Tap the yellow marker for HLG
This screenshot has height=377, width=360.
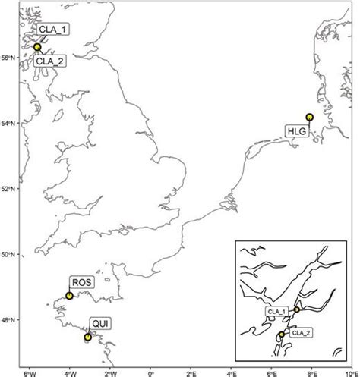(x=309, y=117)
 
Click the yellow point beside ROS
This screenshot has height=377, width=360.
(x=69, y=296)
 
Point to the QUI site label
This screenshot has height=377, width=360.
(x=99, y=324)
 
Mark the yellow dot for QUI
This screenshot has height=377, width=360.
(x=88, y=337)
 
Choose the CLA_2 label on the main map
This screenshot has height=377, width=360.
(x=48, y=62)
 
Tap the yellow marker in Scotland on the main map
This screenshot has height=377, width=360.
(x=37, y=47)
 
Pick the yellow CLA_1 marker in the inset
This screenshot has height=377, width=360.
(x=296, y=309)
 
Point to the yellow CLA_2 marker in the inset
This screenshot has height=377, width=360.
(x=281, y=335)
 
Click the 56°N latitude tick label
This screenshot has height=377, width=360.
(x=11, y=58)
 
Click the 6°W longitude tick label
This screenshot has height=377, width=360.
(x=30, y=372)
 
